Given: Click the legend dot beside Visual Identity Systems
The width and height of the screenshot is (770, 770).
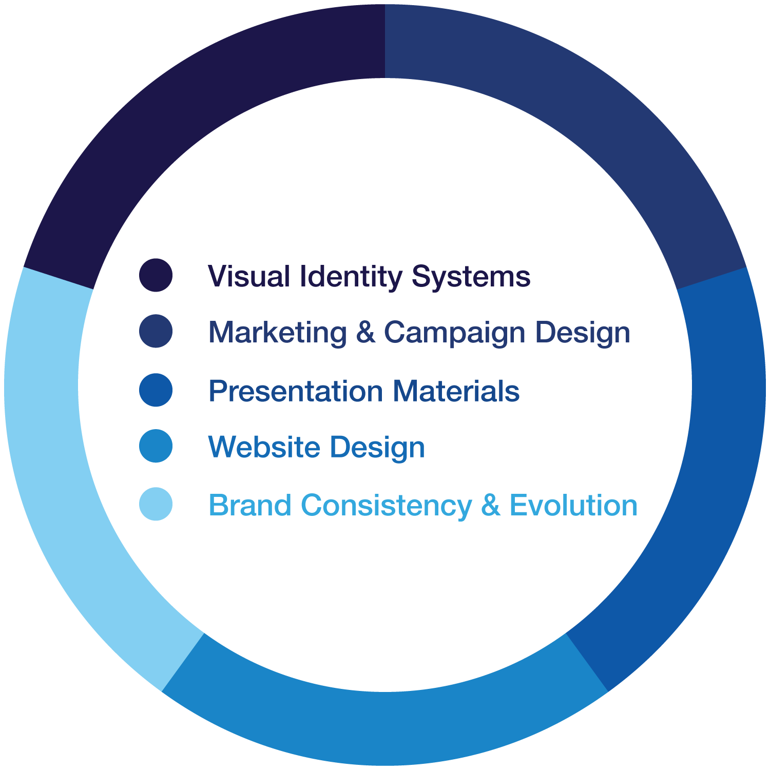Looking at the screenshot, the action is pos(156,275).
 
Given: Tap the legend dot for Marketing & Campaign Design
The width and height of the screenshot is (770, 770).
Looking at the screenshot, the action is pos(156,331).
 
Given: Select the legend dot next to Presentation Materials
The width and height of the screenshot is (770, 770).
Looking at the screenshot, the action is pos(156,390).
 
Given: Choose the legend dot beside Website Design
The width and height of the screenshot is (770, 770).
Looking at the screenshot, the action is pos(156,446).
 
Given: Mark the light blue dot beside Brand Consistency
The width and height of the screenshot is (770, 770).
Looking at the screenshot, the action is pos(156,504).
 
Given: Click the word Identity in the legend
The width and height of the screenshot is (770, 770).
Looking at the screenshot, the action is pos(351,277).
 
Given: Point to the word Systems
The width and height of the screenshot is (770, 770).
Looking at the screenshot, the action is pos(471,277).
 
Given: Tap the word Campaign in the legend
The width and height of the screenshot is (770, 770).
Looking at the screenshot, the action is pos(454,334).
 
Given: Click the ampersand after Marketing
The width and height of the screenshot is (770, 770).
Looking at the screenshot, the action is pos(365,333).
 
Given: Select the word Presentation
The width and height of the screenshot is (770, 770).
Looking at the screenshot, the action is pos(296,392).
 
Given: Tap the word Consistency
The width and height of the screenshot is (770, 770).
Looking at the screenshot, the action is pos(386,506).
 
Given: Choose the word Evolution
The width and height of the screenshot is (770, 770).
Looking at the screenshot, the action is pos(573,506).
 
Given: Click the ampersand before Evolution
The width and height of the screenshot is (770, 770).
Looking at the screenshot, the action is pos(490,506).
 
